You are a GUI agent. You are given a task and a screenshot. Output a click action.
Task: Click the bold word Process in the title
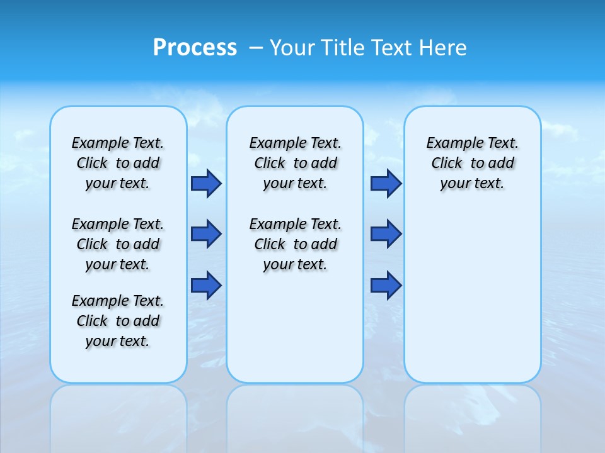tap(195, 47)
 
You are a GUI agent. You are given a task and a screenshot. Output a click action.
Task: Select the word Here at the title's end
tap(444, 47)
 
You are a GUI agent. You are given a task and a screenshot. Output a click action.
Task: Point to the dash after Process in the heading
tap(256, 48)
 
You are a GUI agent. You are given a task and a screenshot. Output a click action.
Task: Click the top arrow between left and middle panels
tap(206, 183)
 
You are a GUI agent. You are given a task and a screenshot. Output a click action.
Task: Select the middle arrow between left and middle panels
tap(206, 234)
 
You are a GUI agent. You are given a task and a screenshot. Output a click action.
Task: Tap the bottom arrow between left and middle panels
tap(206, 285)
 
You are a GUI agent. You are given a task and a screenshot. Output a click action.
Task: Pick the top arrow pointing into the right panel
tap(386, 183)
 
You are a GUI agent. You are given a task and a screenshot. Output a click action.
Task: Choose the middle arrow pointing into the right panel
tap(386, 234)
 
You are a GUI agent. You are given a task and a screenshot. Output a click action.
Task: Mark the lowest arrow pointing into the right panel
tap(386, 285)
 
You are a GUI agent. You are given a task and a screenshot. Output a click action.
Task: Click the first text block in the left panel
tap(118, 163)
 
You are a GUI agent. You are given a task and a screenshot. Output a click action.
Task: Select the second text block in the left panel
tap(118, 244)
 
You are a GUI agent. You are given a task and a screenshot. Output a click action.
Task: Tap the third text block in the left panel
tap(118, 321)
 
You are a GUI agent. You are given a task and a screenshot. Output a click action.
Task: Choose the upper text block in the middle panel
tap(295, 163)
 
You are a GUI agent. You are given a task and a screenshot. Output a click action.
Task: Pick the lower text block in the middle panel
tap(295, 244)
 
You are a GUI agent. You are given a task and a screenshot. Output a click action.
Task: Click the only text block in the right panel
tap(472, 163)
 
